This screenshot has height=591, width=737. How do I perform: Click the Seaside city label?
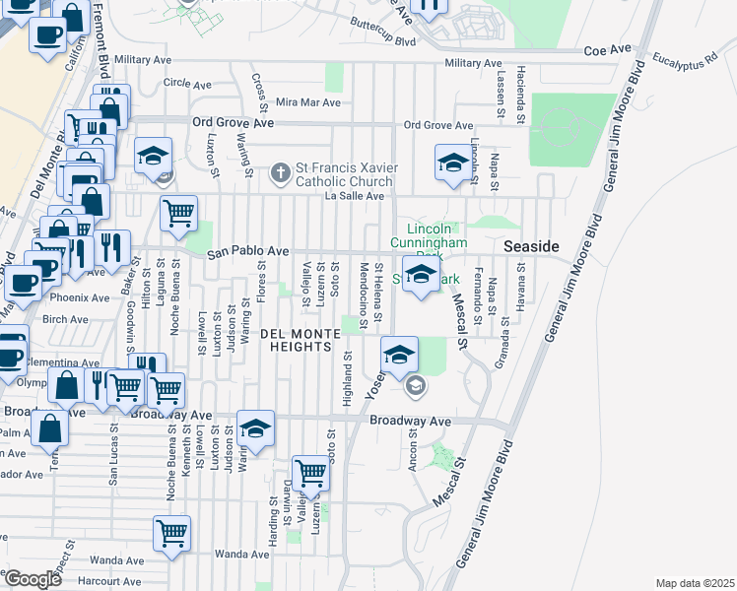coord(531,245)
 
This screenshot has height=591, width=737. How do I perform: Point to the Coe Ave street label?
coord(606,49)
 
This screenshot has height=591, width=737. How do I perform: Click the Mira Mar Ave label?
coord(308,102)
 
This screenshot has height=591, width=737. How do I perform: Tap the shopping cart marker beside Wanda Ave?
coord(171,533)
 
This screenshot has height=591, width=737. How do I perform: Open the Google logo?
coord(33,579)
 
